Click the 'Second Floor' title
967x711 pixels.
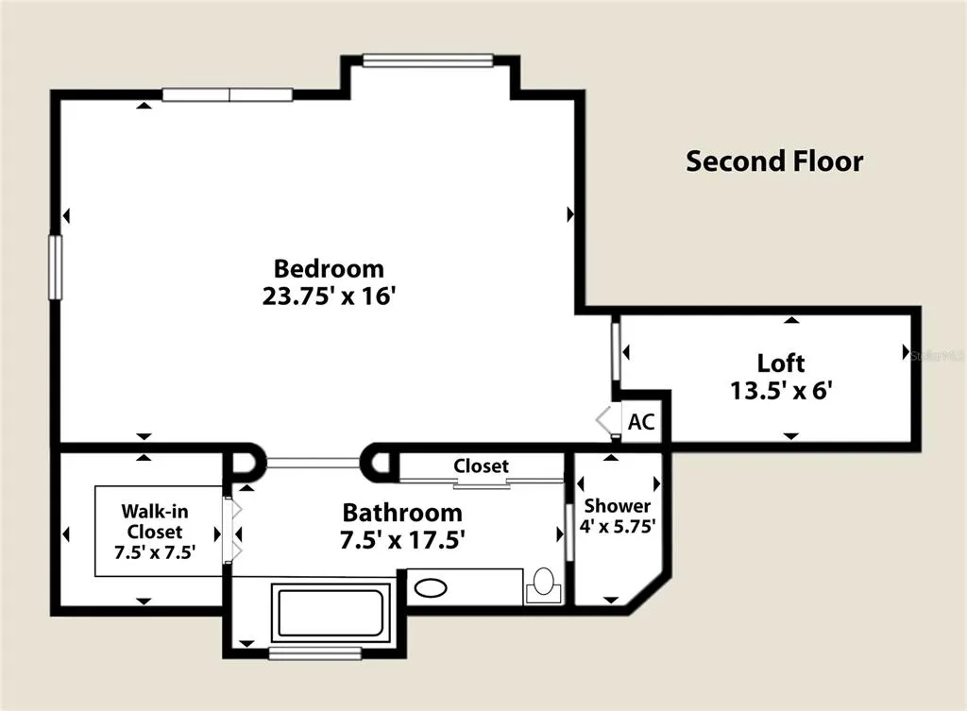pyautogui.click(x=774, y=161)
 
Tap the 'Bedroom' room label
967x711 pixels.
pyautogui.click(x=329, y=269)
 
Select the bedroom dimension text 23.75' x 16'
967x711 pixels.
pyautogui.click(x=328, y=296)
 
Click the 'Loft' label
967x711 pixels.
pyautogui.click(x=781, y=364)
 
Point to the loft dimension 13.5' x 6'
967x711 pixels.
pyautogui.click(x=781, y=390)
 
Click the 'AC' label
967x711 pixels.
pyautogui.click(x=641, y=422)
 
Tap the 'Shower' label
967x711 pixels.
pyautogui.click(x=618, y=506)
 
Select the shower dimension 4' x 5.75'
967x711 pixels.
pyautogui.click(x=618, y=526)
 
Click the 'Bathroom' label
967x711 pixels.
pyautogui.click(x=402, y=513)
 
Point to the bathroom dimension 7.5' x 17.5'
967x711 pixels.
pyautogui.click(x=402, y=539)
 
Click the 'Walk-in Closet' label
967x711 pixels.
pyautogui.click(x=155, y=521)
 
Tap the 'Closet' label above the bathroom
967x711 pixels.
pyautogui.click(x=481, y=466)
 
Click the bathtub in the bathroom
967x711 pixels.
pyautogui.click(x=331, y=613)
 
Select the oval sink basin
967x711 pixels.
pyautogui.click(x=431, y=587)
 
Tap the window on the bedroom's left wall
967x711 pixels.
pyautogui.click(x=56, y=267)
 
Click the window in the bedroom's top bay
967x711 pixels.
pyautogui.click(x=428, y=60)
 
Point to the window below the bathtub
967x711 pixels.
pyautogui.click(x=315, y=653)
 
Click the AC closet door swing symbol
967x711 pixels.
pyautogui.click(x=608, y=420)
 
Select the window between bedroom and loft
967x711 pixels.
pyautogui.click(x=616, y=351)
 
